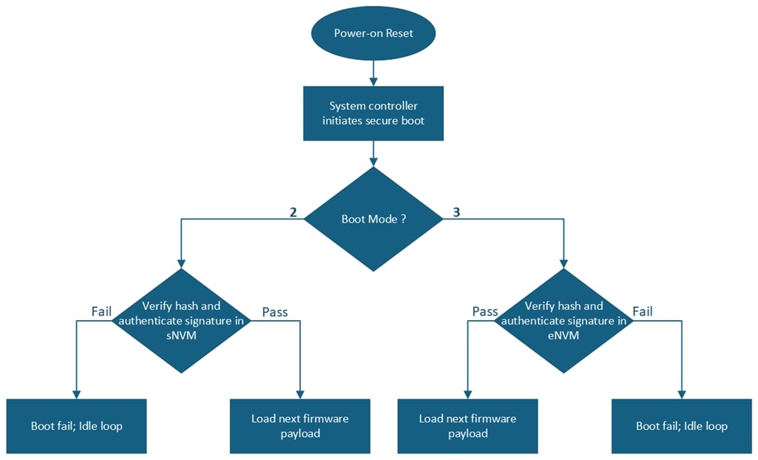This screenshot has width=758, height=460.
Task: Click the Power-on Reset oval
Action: (x=373, y=33)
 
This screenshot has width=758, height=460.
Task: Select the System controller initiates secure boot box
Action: (x=373, y=113)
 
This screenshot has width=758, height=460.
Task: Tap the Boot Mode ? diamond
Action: (x=373, y=219)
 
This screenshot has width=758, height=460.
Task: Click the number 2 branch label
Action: (x=294, y=213)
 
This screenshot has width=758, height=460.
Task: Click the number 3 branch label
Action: (x=456, y=213)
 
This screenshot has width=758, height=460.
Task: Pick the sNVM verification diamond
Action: (x=181, y=319)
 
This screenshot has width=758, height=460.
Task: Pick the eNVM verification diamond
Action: (x=564, y=319)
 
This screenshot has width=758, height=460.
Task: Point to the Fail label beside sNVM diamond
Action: (x=101, y=311)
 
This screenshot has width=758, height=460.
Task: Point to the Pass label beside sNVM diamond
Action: (x=275, y=311)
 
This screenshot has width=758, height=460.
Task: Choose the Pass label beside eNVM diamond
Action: (x=485, y=311)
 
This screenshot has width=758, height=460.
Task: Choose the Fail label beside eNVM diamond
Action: (x=642, y=311)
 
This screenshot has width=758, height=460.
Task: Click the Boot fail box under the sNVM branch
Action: (x=77, y=426)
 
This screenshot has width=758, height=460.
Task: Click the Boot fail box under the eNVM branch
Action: (x=682, y=426)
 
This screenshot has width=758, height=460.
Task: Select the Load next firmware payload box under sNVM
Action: (x=300, y=426)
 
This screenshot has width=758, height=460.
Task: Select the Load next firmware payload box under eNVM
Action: (x=467, y=426)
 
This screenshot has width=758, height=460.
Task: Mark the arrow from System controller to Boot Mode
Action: (x=373, y=153)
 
